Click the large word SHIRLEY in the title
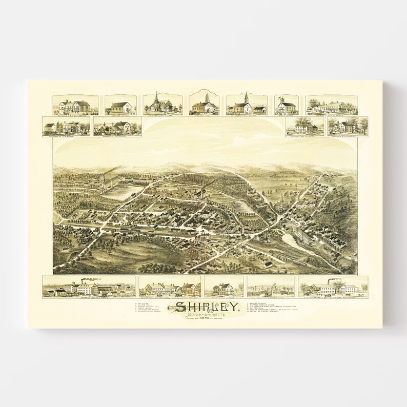(x=207, y=307)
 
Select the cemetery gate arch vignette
(x=270, y=287)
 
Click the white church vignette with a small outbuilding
(x=246, y=105)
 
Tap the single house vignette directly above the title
(x=223, y=287)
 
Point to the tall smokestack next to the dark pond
(x=104, y=179)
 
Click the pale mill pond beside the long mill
(x=291, y=239)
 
